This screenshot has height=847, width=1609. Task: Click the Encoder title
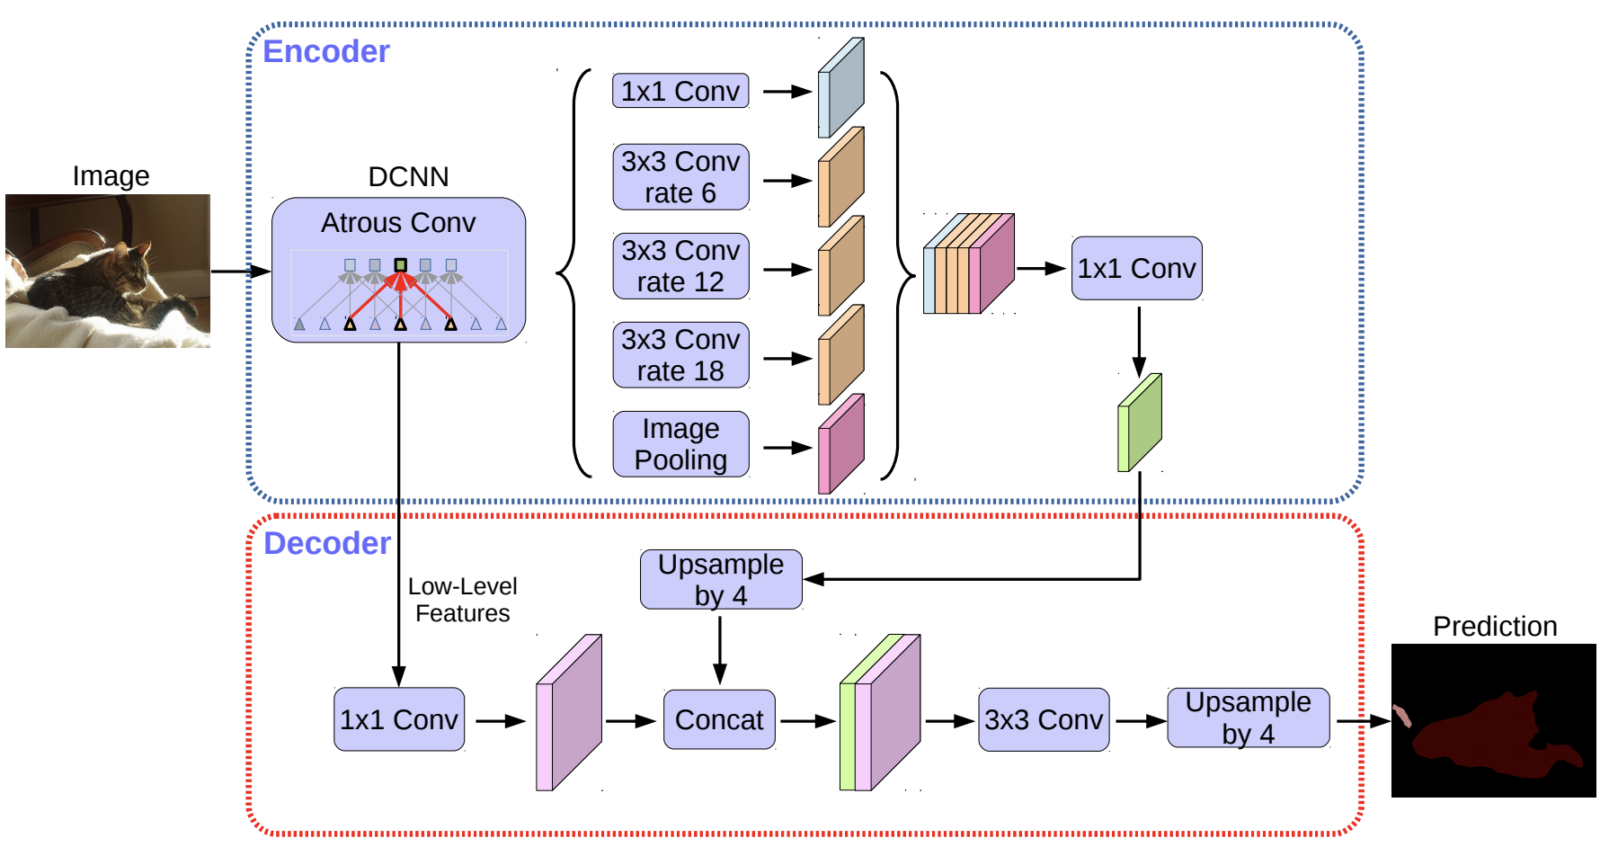click(x=325, y=51)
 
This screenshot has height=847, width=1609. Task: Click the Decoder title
click(x=327, y=543)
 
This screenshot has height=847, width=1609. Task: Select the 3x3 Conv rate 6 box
click(x=680, y=177)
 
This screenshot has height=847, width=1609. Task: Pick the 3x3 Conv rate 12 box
click(x=680, y=266)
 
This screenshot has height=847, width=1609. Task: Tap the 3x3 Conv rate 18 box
click(x=680, y=355)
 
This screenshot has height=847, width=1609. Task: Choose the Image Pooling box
click(x=680, y=444)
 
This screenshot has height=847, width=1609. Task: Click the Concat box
click(x=719, y=719)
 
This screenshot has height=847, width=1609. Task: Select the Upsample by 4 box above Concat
click(x=721, y=580)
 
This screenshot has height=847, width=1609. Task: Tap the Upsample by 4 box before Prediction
click(x=1249, y=718)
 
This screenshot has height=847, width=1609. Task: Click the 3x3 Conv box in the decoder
click(x=1044, y=719)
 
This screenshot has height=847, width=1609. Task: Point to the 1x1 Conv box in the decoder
click(x=399, y=719)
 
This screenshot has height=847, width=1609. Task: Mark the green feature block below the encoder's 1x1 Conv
click(x=1140, y=423)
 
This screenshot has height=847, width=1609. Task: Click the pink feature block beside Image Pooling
click(x=841, y=444)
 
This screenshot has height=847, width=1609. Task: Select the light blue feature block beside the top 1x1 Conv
click(x=841, y=87)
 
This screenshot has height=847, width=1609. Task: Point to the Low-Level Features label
click(x=463, y=600)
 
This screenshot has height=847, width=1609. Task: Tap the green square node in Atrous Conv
click(x=401, y=264)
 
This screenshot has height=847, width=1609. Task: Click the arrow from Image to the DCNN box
click(x=241, y=271)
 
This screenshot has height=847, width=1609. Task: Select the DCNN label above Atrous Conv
click(x=408, y=176)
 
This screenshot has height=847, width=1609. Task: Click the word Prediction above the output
click(x=1495, y=626)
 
